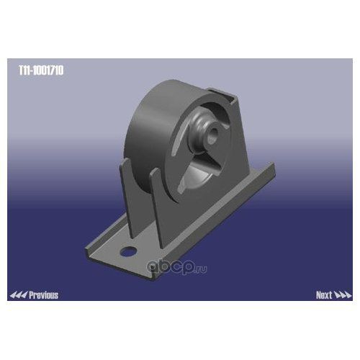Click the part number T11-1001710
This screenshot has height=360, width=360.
point(41,71)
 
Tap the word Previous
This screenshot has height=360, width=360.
point(43,295)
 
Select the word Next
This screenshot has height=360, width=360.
point(324,295)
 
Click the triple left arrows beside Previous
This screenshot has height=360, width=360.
point(19,295)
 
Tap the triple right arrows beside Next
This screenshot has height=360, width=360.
point(343,295)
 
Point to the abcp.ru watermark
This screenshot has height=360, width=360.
point(177,267)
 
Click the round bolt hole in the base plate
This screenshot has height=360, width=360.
point(128,251)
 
